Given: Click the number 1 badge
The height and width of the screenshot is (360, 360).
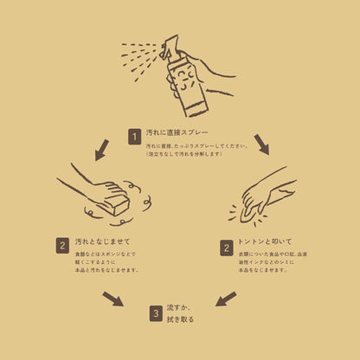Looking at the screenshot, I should click(x=134, y=136).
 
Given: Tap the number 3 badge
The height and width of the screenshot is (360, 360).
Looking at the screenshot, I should click(x=156, y=313).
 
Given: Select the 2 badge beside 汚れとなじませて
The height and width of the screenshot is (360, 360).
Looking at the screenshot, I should click(x=62, y=246).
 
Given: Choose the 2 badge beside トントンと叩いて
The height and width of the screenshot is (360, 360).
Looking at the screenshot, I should click(x=225, y=247).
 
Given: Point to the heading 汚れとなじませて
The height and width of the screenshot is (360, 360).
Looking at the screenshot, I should click(x=102, y=241).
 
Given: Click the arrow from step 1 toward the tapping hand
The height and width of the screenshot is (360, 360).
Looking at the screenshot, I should click(x=261, y=144).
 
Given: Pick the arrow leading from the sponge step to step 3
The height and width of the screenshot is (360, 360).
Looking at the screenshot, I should click(x=112, y=299).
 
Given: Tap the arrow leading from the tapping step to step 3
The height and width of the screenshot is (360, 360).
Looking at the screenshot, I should click(x=225, y=299).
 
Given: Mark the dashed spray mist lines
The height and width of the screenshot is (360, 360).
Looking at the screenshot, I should click(x=138, y=57).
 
